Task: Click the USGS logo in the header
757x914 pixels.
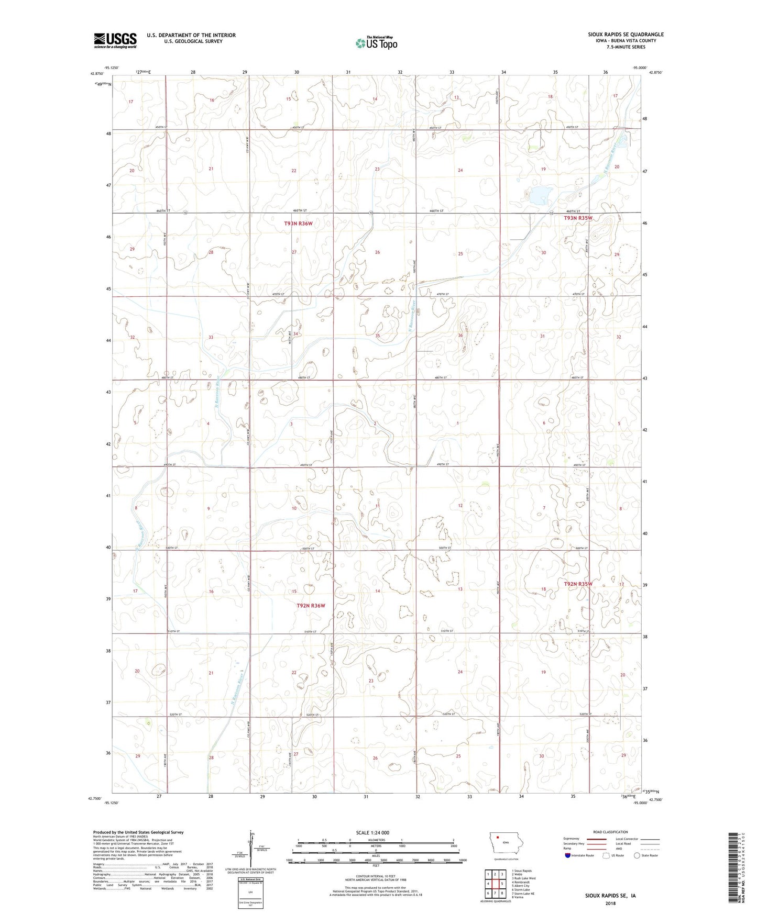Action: click(115, 40)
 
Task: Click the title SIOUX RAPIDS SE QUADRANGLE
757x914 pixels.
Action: click(625, 35)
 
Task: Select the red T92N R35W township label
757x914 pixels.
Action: click(578, 584)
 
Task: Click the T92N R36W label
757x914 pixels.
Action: click(311, 606)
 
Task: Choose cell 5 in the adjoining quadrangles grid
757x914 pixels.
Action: click(502, 884)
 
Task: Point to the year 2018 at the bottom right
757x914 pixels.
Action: click(610, 904)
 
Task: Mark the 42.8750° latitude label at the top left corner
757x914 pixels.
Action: click(97, 74)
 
